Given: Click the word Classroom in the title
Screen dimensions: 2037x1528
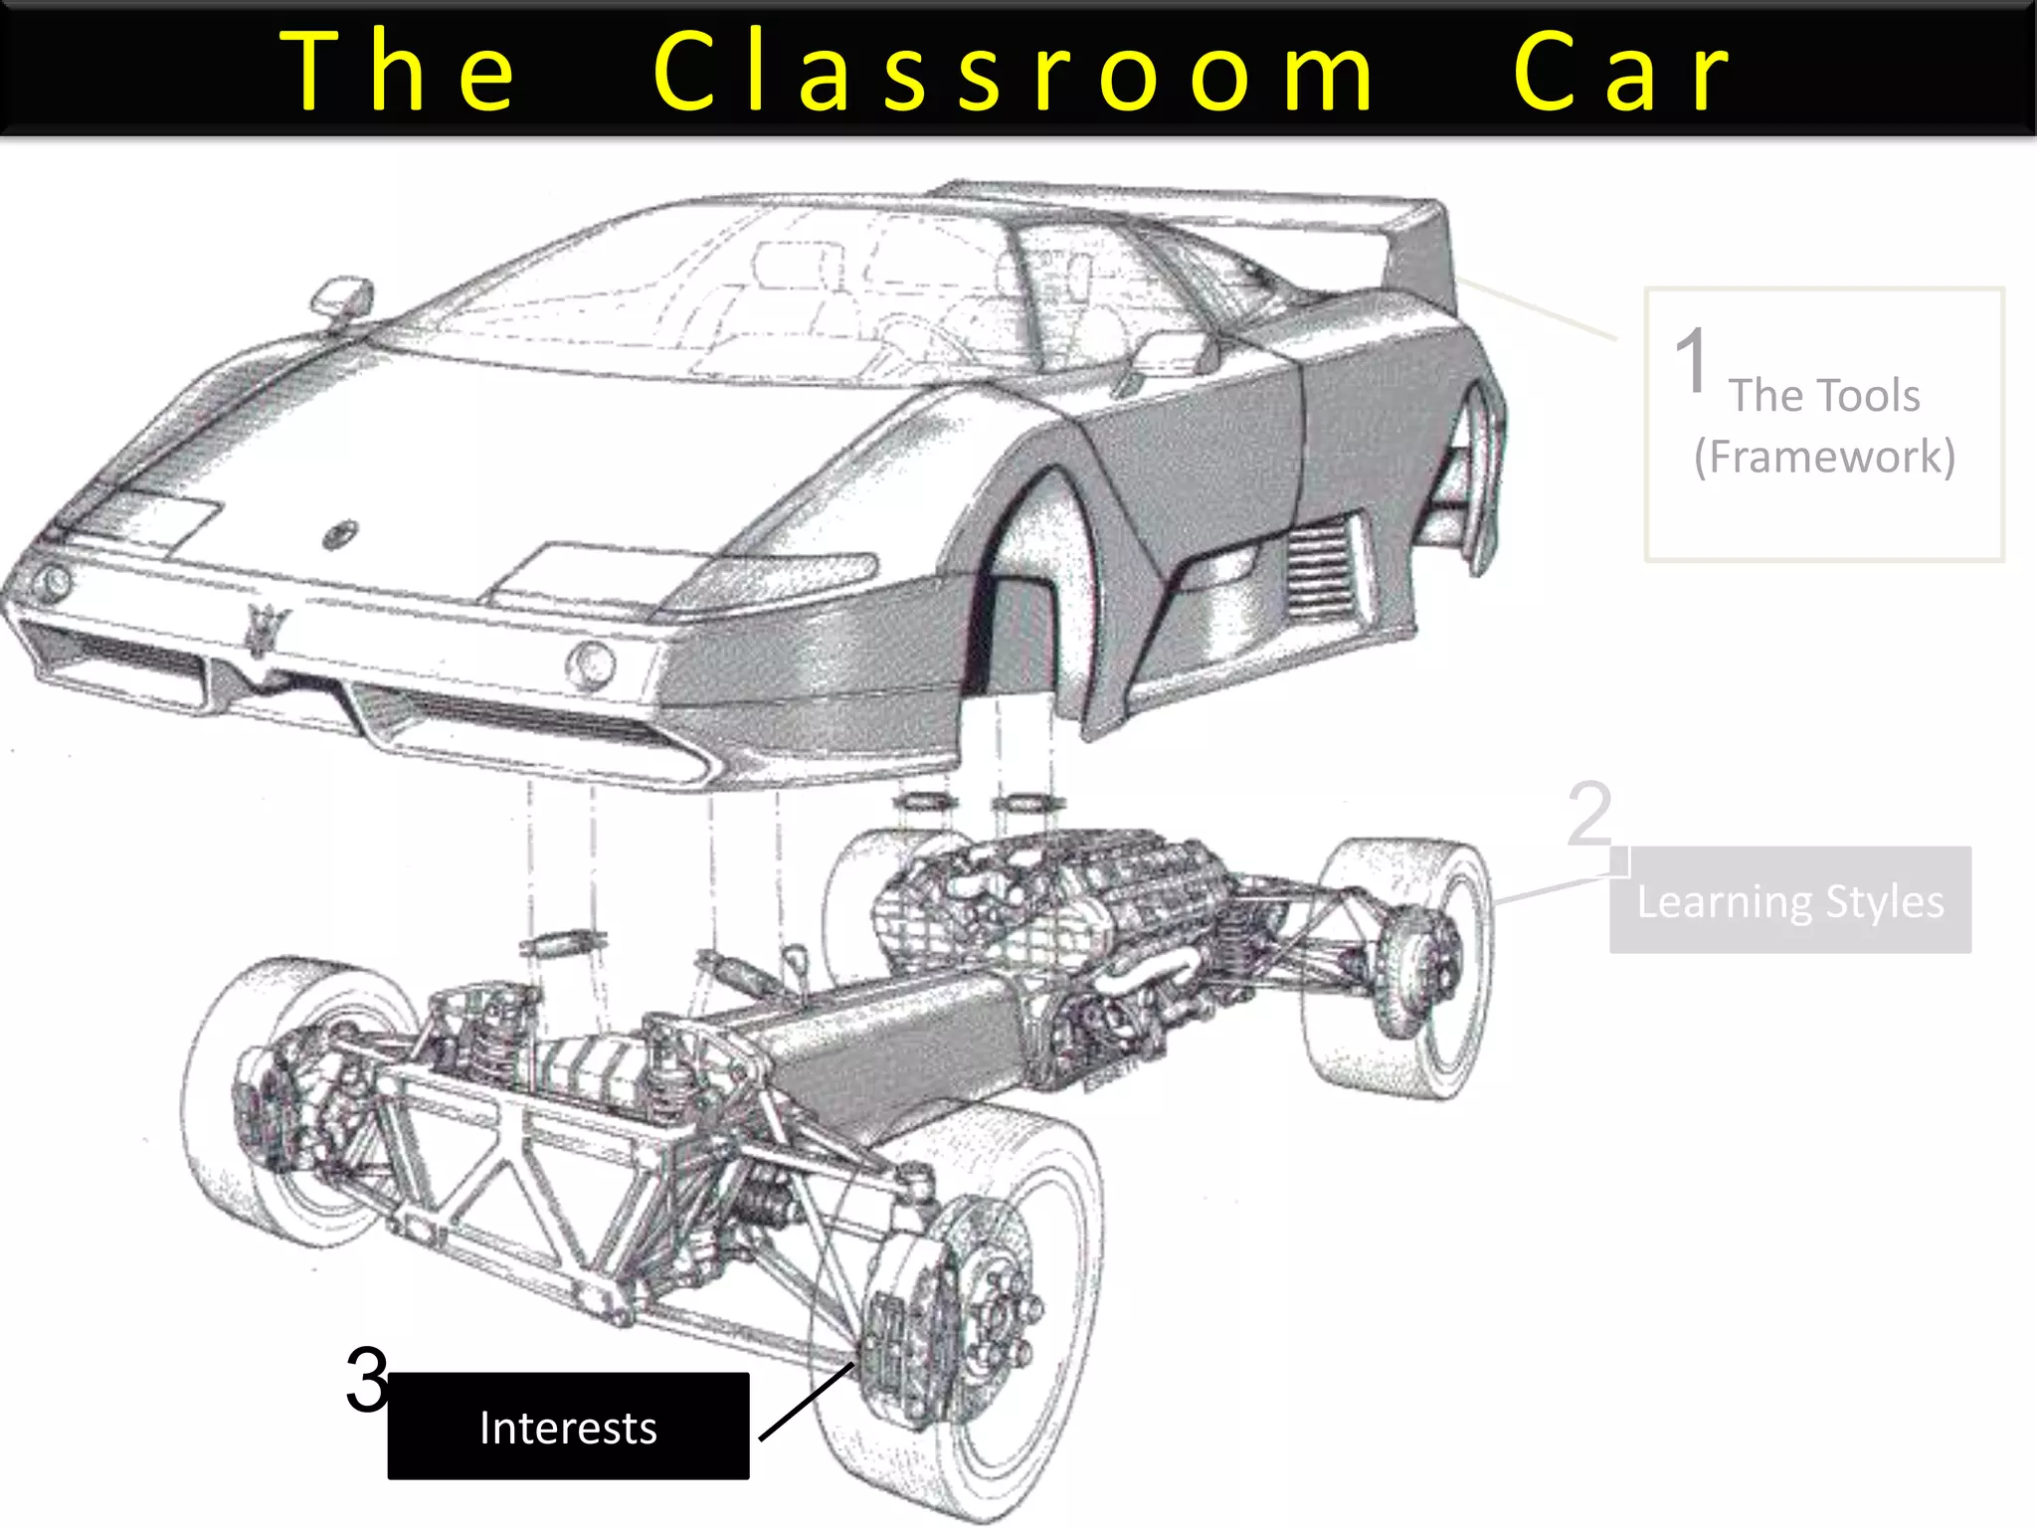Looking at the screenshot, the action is coord(1015,72).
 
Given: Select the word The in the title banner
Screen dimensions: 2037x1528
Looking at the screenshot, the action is coord(398,72).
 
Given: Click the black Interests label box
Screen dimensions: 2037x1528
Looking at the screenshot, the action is coord(568,1427).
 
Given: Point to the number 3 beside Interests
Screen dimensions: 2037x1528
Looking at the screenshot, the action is coord(367,1380).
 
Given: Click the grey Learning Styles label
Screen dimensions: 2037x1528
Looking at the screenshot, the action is coord(1789,900).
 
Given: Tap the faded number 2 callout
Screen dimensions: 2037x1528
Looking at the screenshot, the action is coord(1588,813).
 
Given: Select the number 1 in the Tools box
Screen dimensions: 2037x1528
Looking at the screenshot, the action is coord(1691,361).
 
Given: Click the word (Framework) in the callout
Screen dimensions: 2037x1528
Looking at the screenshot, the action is coord(1824,457).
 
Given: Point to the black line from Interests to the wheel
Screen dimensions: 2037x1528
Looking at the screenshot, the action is coord(806,1403).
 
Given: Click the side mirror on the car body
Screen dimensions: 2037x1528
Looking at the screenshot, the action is coord(341,296).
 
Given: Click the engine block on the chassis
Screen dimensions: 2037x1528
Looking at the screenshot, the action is coord(1044,895).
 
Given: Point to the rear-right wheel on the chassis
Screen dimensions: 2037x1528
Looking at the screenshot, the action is coord(1402,965).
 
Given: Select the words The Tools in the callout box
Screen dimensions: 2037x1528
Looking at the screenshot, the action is coord(1824,395).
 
